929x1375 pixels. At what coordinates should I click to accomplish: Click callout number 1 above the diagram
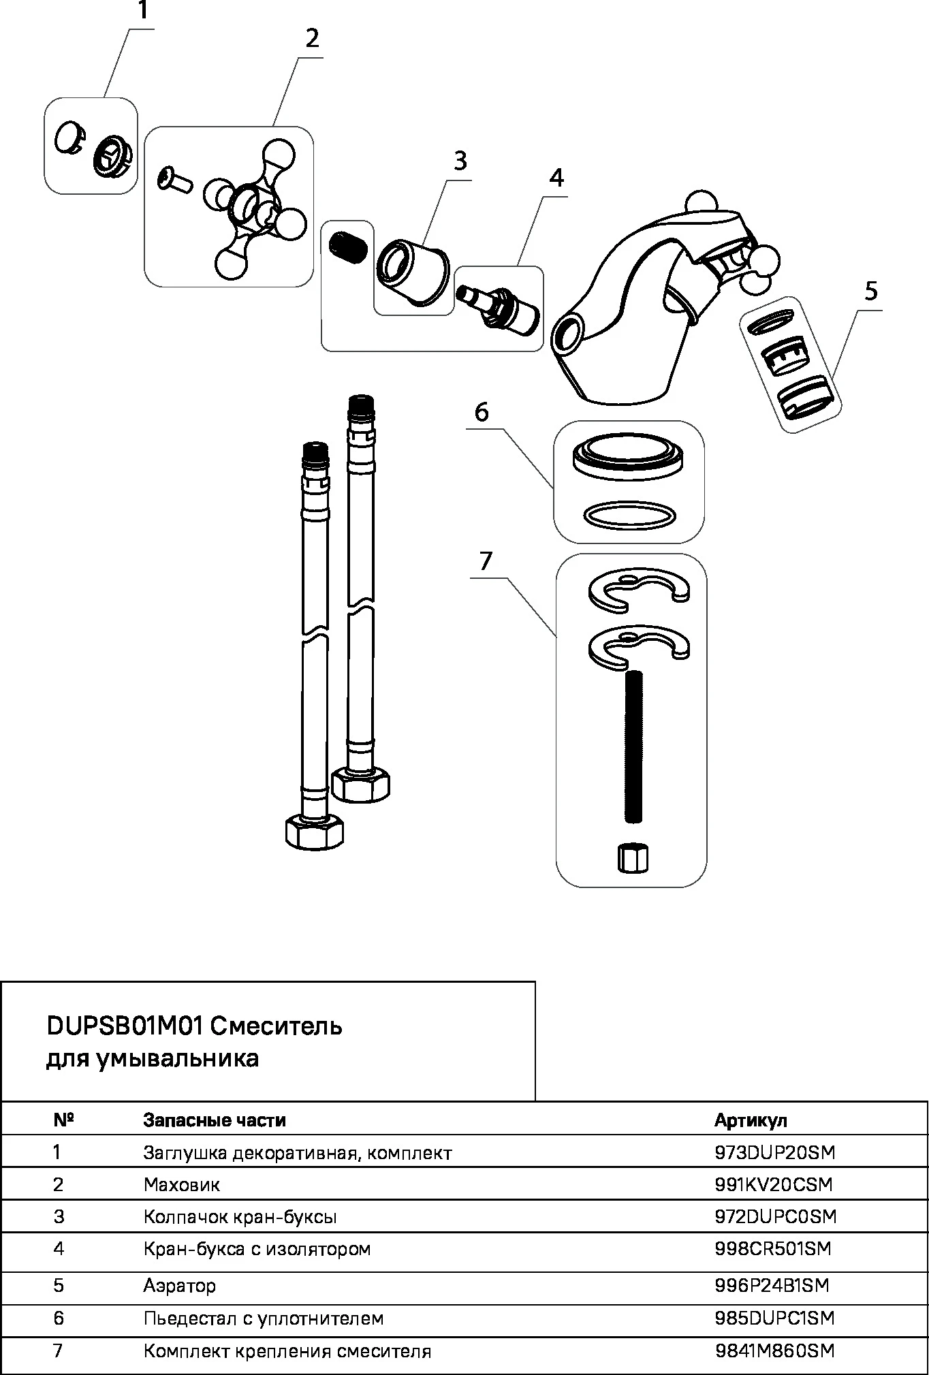tap(142, 11)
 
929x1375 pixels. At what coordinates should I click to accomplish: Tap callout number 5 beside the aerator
tap(871, 291)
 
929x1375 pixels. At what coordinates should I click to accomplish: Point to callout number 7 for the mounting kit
tap(485, 561)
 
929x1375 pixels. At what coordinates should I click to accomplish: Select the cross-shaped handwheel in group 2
tap(251, 207)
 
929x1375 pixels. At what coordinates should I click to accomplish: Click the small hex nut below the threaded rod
tap(633, 857)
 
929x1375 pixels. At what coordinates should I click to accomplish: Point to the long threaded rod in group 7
tap(633, 746)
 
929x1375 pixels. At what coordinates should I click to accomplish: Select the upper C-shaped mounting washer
tap(639, 587)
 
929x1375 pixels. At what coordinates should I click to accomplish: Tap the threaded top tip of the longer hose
tap(360, 405)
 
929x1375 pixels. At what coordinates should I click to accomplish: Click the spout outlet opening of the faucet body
tap(568, 334)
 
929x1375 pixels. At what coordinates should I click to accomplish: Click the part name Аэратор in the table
tap(180, 1285)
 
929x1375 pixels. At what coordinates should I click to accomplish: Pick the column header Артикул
tap(751, 1120)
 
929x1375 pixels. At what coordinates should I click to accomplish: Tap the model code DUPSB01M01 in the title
tap(124, 1026)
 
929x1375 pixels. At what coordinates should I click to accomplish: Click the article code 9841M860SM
tap(774, 1350)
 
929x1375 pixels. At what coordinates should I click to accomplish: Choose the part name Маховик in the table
tap(182, 1184)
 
